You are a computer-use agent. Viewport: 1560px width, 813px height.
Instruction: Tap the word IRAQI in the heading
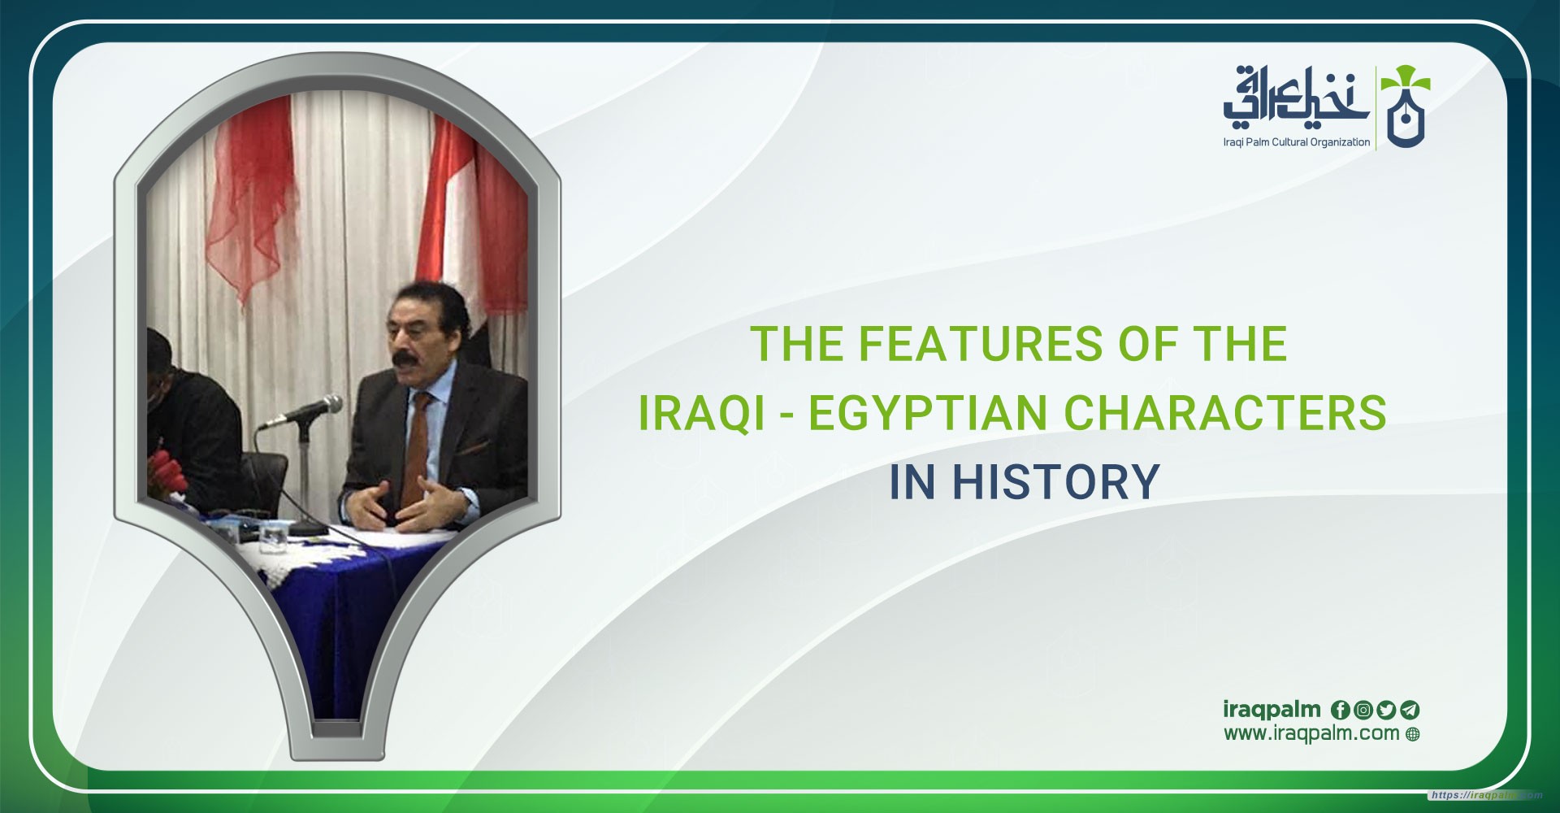tap(701, 412)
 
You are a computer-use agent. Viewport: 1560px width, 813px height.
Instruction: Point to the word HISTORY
tap(1055, 481)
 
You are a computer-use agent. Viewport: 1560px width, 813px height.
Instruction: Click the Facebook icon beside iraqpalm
tap(1340, 710)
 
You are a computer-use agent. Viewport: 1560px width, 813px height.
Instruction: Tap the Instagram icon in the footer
tap(1363, 710)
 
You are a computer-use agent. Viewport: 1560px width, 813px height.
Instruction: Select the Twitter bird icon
tap(1386, 710)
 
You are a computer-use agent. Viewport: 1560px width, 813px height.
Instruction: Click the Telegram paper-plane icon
tap(1410, 710)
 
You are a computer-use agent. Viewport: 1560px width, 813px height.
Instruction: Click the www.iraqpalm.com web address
tap(1311, 733)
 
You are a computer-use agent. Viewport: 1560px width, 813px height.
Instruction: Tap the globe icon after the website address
tap(1413, 734)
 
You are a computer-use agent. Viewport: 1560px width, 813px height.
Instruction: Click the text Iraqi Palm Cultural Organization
tap(1296, 142)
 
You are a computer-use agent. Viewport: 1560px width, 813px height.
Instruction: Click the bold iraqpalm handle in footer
tap(1272, 709)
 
